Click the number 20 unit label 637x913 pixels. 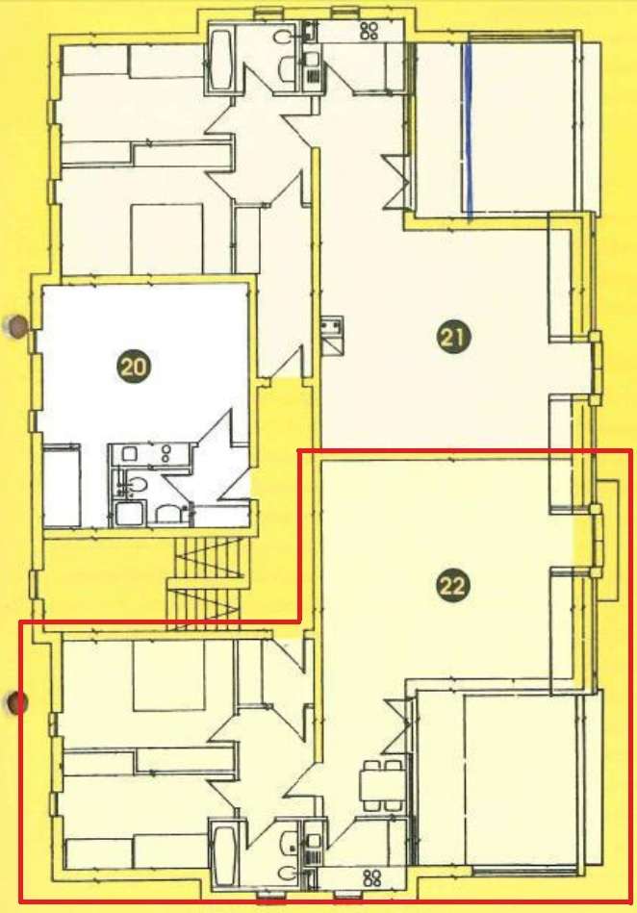pyautogui.click(x=136, y=366)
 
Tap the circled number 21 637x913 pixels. pyautogui.click(x=452, y=336)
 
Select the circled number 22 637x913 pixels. pyautogui.click(x=452, y=585)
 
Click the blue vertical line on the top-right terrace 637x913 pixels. pyautogui.click(x=469, y=130)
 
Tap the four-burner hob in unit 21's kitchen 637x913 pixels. pyautogui.click(x=369, y=31)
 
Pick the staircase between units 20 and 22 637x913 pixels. pyautogui.click(x=204, y=577)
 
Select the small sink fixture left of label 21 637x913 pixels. pyautogui.click(x=333, y=327)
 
